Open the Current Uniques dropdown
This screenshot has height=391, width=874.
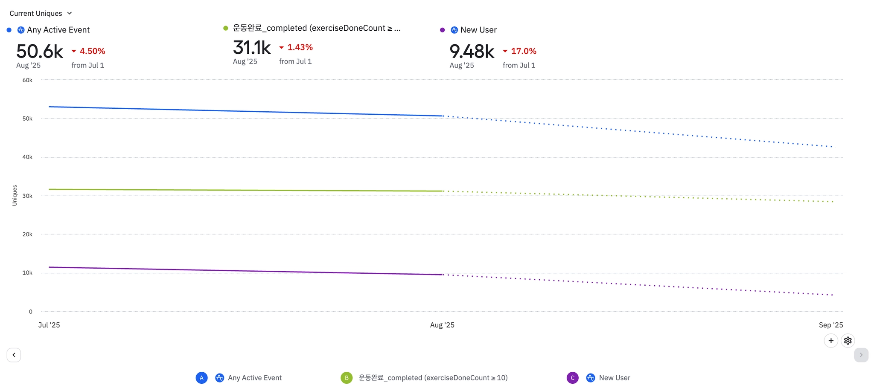[x=41, y=13]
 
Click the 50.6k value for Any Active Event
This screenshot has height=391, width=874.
[x=39, y=52]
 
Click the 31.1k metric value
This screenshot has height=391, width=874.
[x=251, y=48]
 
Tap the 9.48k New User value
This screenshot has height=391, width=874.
[x=472, y=52]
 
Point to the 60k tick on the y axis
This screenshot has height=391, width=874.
[x=27, y=80]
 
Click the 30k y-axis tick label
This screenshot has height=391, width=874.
[x=27, y=196]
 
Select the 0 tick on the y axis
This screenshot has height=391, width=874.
[x=30, y=312]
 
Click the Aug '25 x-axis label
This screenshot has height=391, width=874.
[x=442, y=325]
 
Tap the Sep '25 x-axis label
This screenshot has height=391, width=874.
[x=830, y=325]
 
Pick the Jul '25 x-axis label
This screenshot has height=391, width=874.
[x=49, y=325]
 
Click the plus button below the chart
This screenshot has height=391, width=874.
[x=830, y=341]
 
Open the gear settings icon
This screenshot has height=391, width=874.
[x=848, y=341]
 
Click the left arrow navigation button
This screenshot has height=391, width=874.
[x=14, y=355]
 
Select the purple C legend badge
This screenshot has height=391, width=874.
[x=572, y=378]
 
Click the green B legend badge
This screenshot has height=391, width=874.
[x=347, y=378]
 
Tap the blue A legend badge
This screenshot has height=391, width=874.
[x=201, y=378]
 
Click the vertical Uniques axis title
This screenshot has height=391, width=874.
[x=15, y=195]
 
